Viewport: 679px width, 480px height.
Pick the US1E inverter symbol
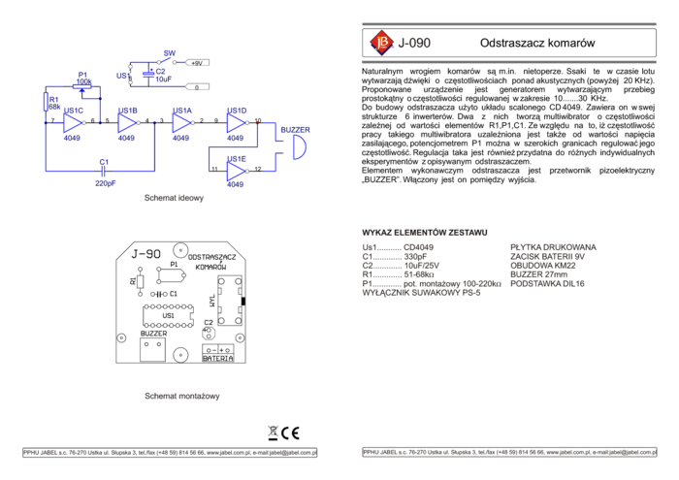237,172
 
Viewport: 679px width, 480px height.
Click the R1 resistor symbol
47,102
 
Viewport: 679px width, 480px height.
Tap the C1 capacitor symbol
104,172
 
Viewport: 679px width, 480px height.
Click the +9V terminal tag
196,63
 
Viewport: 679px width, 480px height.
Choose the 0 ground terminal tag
196,86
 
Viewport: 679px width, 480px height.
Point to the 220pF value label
105,183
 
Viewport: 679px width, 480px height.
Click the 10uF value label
163,80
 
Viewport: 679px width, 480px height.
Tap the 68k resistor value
54,107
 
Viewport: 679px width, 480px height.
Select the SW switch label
169,53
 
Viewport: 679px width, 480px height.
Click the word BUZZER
296,129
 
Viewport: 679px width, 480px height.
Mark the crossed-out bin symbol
273,433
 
